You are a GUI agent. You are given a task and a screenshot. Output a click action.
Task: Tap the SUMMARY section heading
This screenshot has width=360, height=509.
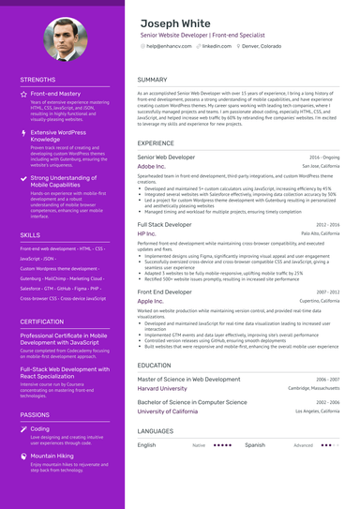tap(152, 80)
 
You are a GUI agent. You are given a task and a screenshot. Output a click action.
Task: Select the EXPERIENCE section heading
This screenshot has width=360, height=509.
tap(156, 142)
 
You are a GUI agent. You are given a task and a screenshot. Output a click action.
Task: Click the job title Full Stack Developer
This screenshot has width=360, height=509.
tap(164, 225)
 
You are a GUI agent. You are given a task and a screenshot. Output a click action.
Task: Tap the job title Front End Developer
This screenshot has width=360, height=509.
tap(165, 292)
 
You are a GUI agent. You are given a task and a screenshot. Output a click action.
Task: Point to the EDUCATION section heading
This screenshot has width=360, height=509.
tap(154, 365)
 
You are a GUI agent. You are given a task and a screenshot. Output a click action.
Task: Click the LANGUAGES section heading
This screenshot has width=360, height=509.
tap(155, 430)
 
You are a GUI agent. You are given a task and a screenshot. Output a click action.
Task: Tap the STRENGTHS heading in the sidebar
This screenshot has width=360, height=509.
tap(37, 81)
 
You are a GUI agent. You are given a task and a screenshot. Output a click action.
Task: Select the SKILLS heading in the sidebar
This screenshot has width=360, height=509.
tap(30, 234)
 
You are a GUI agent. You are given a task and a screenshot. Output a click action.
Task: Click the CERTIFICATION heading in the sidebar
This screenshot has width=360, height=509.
tap(42, 322)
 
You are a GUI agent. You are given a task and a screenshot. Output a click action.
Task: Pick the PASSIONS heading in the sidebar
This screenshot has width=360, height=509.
tap(35, 413)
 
